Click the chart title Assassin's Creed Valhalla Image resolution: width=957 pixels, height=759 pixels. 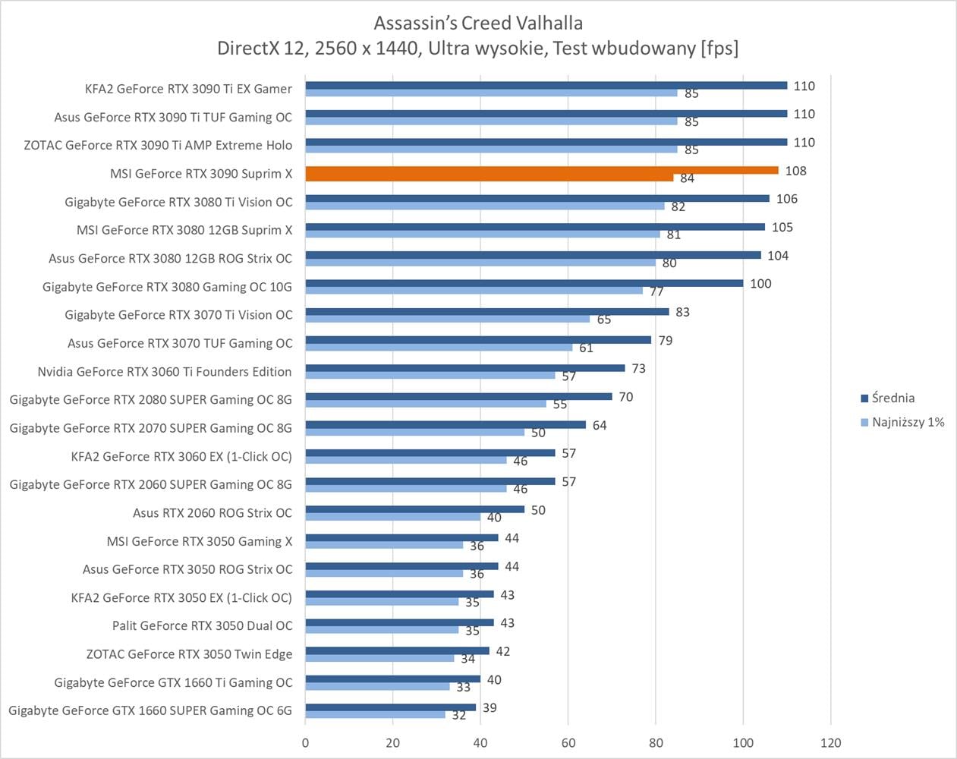478,23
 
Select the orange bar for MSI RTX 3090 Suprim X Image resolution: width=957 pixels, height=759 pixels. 542,171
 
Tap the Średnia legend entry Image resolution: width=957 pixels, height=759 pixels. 892,398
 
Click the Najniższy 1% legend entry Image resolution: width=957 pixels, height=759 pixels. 908,422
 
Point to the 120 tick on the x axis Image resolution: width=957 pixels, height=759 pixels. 831,742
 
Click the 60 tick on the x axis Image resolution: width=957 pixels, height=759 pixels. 568,742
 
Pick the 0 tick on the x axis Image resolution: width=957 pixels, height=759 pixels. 306,742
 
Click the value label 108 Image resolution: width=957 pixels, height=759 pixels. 795,171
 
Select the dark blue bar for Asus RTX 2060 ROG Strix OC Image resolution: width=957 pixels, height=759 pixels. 414,509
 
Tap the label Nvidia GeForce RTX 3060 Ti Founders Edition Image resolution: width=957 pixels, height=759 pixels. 165,371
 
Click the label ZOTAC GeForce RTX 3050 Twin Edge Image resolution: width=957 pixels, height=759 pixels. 189,653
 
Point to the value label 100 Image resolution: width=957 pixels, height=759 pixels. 760,284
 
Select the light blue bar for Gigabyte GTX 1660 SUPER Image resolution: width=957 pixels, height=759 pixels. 375,714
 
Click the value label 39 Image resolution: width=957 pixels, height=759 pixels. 490,707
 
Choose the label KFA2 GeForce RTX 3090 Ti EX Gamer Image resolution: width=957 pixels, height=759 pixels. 188,89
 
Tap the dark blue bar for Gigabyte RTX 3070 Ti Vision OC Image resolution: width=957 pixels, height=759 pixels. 487,311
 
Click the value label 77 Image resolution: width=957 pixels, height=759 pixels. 656,291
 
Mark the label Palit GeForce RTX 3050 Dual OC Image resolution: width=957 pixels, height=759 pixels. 202,625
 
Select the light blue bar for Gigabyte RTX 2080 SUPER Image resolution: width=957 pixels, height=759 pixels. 426,404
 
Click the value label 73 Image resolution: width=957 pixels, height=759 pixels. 638,368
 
